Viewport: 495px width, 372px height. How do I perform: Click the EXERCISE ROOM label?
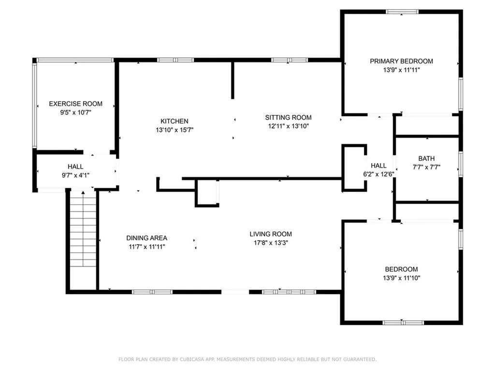(75, 104)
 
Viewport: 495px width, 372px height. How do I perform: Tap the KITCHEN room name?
(174, 121)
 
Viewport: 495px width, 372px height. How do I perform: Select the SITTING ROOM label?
(288, 117)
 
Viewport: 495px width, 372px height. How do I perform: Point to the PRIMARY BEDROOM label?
(401, 61)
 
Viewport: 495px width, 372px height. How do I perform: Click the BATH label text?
(426, 158)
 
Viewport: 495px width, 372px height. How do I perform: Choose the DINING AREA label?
(147, 238)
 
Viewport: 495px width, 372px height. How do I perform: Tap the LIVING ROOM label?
(271, 234)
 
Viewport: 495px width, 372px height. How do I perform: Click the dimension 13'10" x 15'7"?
(174, 130)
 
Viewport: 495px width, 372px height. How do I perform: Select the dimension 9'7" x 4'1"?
(75, 175)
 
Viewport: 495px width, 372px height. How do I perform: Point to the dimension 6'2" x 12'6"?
(379, 174)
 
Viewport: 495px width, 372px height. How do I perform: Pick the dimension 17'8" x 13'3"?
(271, 243)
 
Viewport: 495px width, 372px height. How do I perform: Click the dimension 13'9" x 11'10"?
(401, 278)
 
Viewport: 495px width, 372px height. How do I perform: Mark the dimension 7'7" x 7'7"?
(426, 167)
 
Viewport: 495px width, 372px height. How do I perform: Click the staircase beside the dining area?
(83, 229)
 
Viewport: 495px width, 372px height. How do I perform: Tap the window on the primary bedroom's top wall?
(402, 12)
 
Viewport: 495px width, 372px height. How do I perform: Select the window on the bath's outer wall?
(461, 164)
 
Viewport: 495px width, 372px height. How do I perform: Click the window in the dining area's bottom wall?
(152, 292)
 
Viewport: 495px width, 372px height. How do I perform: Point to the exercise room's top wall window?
(75, 60)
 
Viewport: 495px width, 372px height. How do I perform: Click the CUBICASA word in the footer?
(192, 359)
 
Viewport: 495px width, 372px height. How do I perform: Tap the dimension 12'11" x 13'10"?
(288, 126)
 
